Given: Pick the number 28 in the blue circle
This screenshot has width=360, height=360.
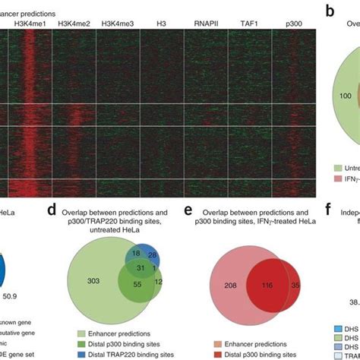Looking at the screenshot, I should pyautogui.click(x=153, y=254).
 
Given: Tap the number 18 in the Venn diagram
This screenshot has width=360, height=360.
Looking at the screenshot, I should pyautogui.click(x=136, y=252).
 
